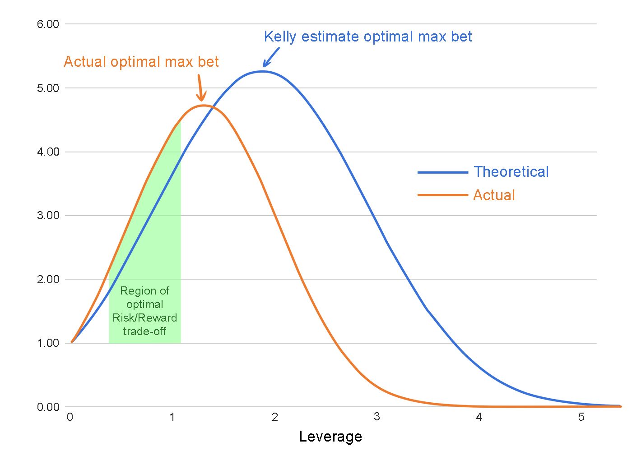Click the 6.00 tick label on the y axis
click(48, 24)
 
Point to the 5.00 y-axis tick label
click(48, 88)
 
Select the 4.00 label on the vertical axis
click(48, 152)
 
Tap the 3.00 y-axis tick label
click(48, 216)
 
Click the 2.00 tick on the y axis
click(48, 279)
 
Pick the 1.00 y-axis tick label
click(48, 343)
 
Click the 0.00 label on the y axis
click(48, 407)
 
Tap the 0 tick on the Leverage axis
click(70, 417)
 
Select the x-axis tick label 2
click(274, 417)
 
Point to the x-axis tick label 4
click(479, 417)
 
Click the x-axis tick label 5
click(581, 417)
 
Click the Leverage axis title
click(330, 437)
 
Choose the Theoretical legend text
click(511, 172)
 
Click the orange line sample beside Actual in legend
click(442, 195)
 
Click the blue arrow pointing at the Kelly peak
click(271, 57)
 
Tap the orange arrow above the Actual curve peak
click(200, 88)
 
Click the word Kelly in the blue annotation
click(280, 37)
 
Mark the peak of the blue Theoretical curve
click(262, 71)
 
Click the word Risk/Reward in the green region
click(144, 318)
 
